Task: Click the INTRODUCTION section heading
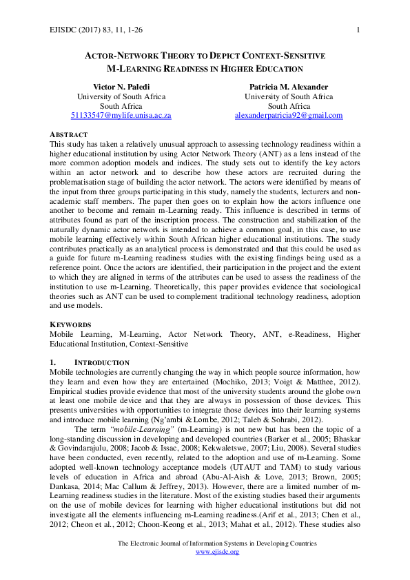[101, 362]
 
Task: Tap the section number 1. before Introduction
[54, 362]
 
